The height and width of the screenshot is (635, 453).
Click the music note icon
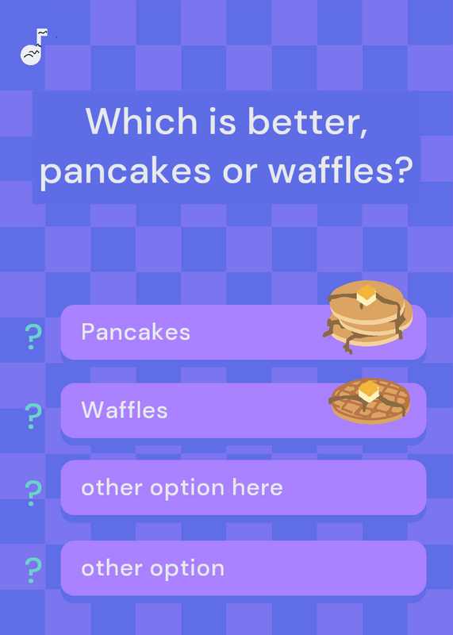(x=33, y=47)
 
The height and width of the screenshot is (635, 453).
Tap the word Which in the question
(x=141, y=121)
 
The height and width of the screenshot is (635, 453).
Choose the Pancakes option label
(x=136, y=332)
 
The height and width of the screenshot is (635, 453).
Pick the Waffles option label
(x=125, y=410)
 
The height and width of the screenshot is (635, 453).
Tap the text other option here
(x=182, y=487)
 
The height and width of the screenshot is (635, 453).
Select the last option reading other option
(x=152, y=568)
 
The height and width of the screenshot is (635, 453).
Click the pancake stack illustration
(x=367, y=316)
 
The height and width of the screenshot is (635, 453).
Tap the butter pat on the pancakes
(x=367, y=294)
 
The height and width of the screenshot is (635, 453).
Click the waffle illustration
(x=370, y=401)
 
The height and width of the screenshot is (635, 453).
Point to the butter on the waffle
(x=369, y=391)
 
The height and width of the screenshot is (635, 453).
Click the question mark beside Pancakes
(x=33, y=337)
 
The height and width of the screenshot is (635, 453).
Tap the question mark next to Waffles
(x=33, y=416)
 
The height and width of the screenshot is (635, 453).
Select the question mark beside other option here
(x=33, y=493)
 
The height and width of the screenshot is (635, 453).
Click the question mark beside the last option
(x=33, y=570)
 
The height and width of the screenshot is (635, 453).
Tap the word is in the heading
(x=222, y=121)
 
